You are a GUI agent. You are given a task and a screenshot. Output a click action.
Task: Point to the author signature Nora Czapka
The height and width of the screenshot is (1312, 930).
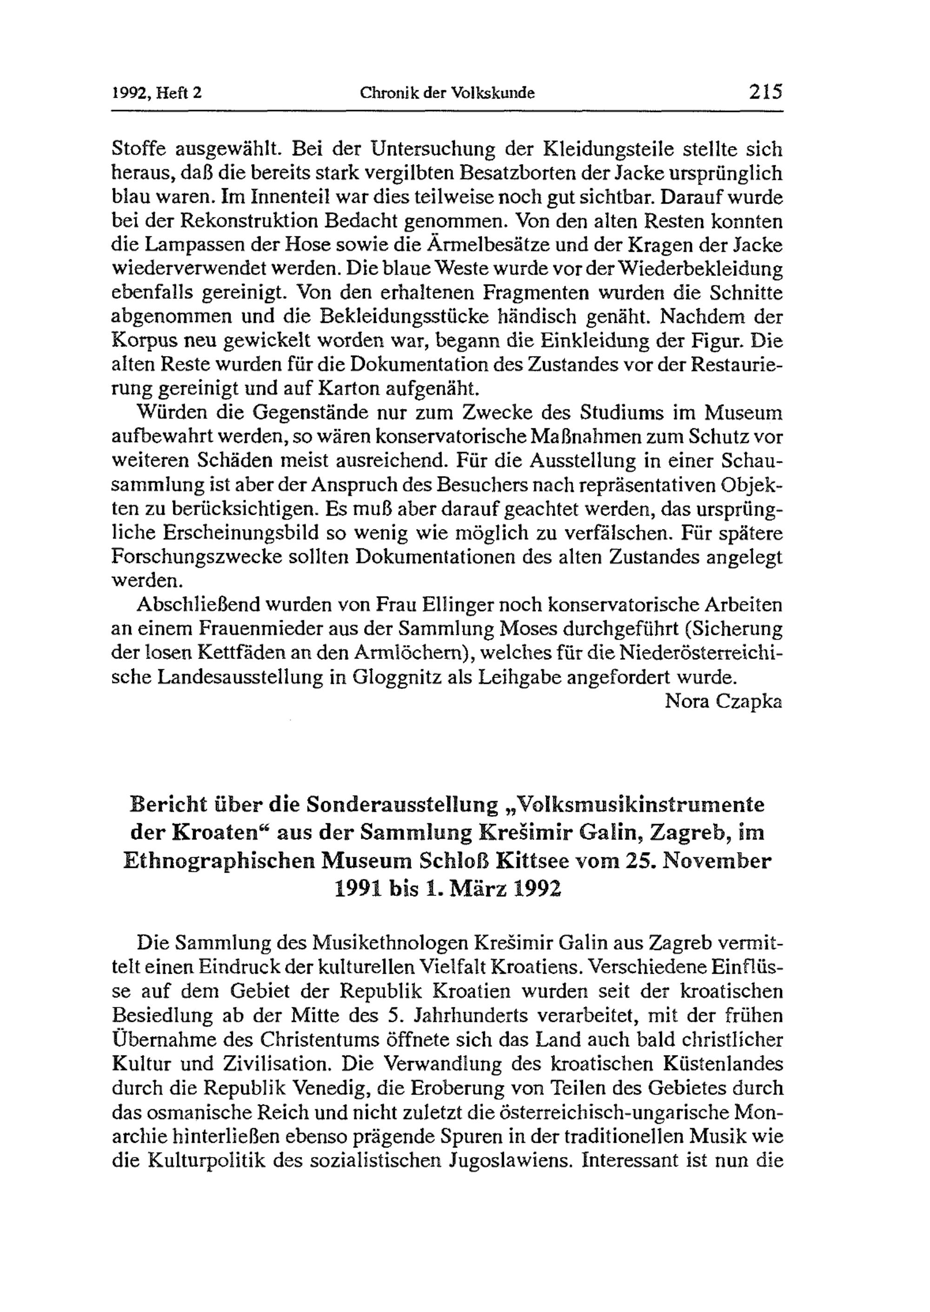pos(723,701)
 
